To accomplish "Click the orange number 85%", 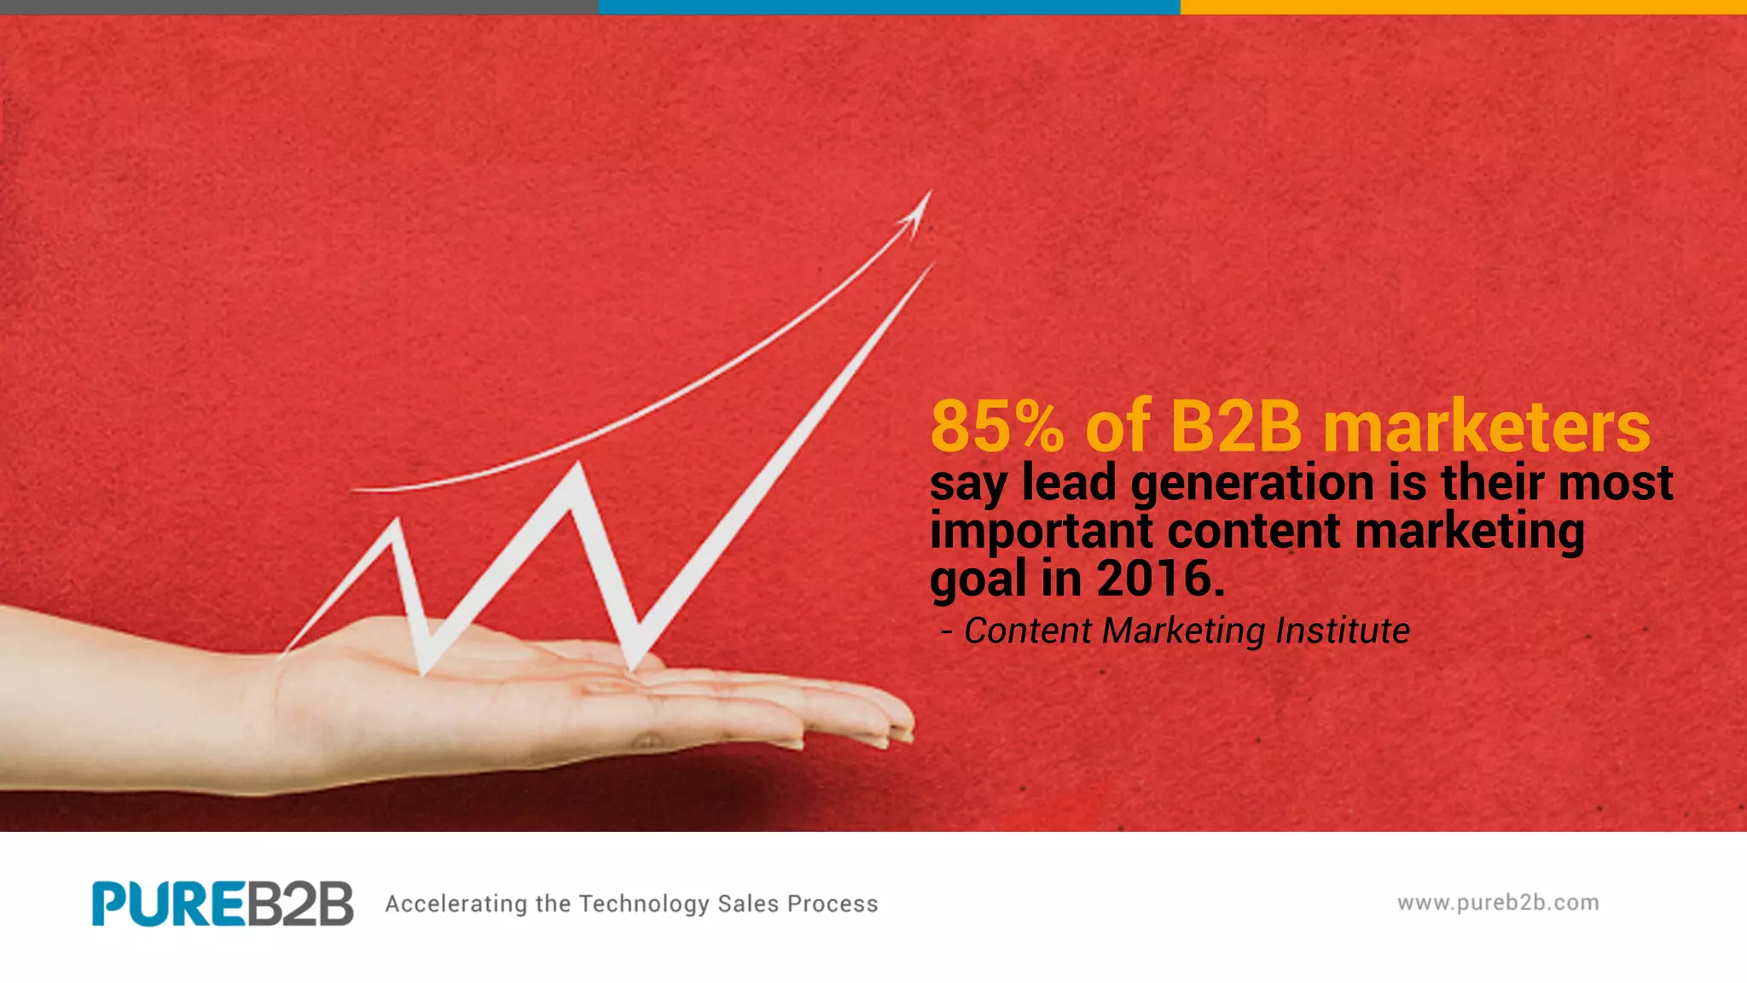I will click(996, 426).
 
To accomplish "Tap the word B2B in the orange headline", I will click(1236, 426).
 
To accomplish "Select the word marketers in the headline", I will click(1487, 426).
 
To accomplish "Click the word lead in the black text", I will click(1069, 482).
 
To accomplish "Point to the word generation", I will click(1252, 484).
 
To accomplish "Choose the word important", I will click(1042, 532).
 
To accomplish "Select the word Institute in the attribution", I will click(1342, 631).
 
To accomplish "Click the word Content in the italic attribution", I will click(1027, 631).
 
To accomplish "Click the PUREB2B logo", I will click(223, 904).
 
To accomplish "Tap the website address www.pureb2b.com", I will click(1498, 903).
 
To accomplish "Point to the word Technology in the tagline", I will click(644, 904).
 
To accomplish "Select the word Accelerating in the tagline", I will click(456, 904).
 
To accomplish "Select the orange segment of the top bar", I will click(1463, 7).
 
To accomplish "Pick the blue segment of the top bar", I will click(889, 7).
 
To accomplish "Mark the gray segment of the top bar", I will click(299, 7).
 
